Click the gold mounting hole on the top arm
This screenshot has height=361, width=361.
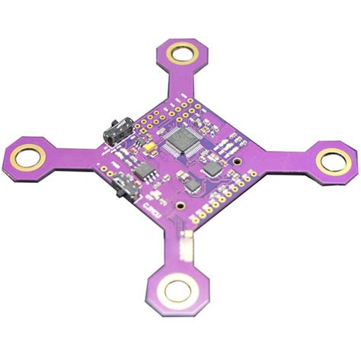click(184, 53)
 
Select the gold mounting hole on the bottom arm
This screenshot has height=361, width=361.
click(179, 289)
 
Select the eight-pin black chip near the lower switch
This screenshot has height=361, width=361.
click(145, 171)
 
